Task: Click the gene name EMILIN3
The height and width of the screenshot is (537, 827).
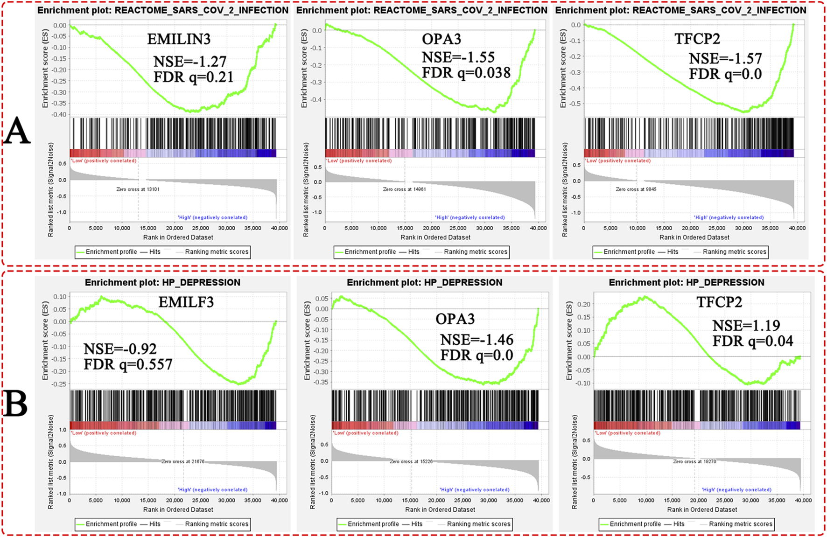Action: [179, 39]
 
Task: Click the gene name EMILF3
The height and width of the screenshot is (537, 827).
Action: [186, 302]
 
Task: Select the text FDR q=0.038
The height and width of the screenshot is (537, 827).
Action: [466, 73]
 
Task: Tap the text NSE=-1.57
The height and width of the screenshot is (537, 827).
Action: [725, 59]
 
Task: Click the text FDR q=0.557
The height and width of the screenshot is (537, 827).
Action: [128, 364]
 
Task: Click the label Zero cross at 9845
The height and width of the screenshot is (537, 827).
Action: [636, 189]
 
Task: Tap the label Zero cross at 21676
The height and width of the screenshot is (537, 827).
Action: [182, 461]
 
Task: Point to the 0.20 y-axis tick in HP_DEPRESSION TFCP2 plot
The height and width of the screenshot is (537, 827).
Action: [583, 304]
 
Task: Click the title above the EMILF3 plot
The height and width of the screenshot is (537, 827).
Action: [162, 283]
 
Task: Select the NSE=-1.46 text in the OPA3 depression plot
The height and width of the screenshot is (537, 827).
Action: [477, 339]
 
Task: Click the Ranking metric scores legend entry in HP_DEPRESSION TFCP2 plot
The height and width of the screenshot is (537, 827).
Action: [740, 524]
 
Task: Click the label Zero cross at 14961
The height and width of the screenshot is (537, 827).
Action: [404, 189]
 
